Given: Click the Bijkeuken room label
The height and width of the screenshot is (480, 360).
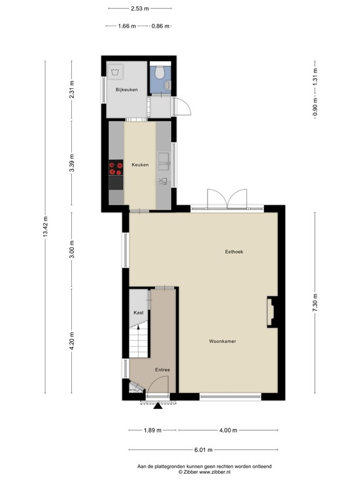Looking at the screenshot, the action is [126, 90].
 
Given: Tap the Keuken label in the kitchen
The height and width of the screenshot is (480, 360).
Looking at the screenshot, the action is [140, 165].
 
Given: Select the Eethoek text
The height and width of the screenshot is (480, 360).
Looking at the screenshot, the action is [234, 252].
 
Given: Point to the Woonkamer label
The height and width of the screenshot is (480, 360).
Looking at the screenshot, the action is [222, 341].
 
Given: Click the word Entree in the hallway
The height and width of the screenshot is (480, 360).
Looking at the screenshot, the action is [162, 370].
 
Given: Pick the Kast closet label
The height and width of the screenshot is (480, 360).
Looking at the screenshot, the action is [138, 312].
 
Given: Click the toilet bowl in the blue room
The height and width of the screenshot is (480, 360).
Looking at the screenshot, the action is [159, 72].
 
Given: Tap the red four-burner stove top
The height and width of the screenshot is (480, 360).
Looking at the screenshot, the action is [116, 168].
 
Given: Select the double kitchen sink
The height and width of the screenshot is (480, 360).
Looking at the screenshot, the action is [164, 161].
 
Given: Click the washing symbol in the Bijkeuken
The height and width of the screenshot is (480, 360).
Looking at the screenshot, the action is [116, 72].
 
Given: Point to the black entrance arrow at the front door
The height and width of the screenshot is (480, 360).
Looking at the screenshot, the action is [157, 406].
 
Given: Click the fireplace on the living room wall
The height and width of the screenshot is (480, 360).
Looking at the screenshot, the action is [271, 312].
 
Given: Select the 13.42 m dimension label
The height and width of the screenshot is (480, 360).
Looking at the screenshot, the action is [45, 227].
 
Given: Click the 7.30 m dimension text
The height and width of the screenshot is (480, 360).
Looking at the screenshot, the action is [315, 302].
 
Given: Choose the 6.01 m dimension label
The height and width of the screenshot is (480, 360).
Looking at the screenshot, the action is [203, 450].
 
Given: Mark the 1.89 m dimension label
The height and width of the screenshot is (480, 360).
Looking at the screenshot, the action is [152, 431].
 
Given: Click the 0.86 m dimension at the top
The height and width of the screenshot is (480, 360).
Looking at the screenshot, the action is [161, 26].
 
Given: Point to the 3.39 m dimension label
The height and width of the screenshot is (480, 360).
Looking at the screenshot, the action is [72, 163].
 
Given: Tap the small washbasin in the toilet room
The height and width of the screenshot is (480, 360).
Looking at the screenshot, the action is [167, 86].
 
